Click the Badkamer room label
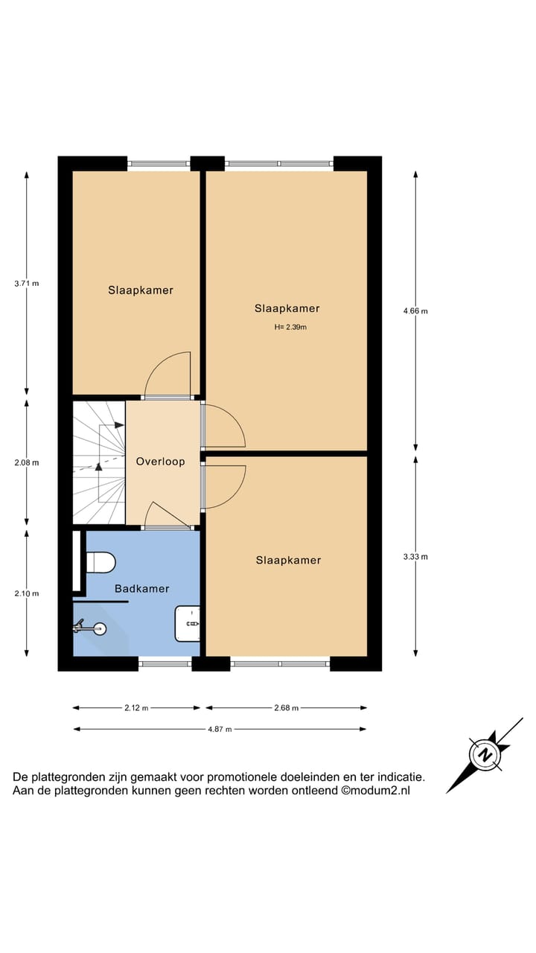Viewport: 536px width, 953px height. click(141, 588)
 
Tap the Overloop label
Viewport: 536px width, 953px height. click(160, 462)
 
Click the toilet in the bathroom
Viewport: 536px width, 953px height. click(100, 562)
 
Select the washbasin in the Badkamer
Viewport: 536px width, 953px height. click(188, 623)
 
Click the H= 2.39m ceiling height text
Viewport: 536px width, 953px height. click(290, 327)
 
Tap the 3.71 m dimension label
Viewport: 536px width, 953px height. click(27, 284)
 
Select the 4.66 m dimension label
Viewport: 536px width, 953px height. click(415, 311)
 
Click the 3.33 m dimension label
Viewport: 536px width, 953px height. click(415, 557)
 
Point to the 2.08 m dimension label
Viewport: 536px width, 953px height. click(27, 462)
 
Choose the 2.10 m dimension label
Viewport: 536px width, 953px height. click(27, 593)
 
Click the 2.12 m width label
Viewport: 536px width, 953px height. click(136, 708)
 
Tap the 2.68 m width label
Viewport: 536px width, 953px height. click(286, 708)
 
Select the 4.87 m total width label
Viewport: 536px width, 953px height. click(220, 729)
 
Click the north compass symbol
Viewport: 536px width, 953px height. click(485, 755)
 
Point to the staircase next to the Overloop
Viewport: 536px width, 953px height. click(98, 462)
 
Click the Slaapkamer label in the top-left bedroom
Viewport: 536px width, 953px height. click(140, 290)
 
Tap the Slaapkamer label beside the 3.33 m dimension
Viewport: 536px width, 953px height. click(288, 560)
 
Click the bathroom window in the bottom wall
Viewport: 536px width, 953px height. click(165, 663)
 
